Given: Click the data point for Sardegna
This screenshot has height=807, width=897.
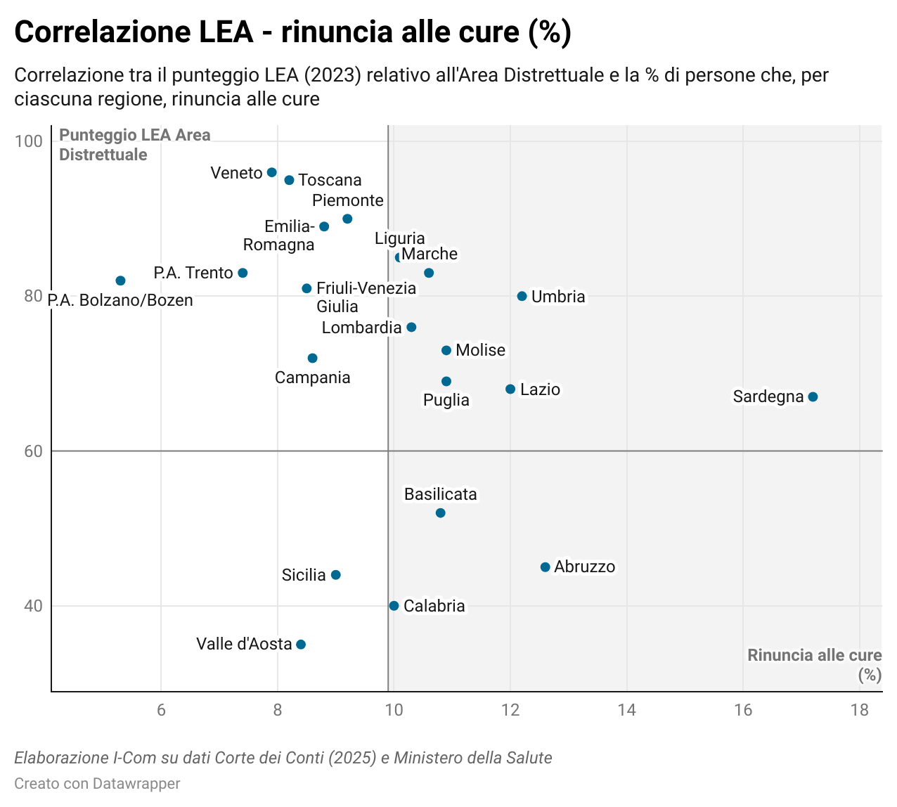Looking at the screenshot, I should [x=813, y=397].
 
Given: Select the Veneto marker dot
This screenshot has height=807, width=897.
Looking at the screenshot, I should [x=272, y=173].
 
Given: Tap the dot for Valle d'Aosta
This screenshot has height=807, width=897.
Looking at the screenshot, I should [x=301, y=645].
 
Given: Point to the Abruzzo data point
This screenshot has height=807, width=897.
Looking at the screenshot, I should [x=545, y=567].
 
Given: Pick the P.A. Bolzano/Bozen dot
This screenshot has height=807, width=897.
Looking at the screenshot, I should [x=120, y=281].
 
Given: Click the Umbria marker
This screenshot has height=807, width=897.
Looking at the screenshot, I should [x=522, y=297].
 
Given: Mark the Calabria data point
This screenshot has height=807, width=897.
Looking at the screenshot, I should [x=394, y=606].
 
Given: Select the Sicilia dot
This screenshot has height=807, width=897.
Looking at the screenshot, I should [x=335, y=575].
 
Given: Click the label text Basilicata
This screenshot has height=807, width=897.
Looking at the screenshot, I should [x=440, y=495].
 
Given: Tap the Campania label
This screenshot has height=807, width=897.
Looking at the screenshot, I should [x=312, y=378].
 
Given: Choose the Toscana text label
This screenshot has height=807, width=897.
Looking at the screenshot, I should [x=330, y=181].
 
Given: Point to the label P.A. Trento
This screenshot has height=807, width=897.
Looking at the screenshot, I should [x=193, y=273].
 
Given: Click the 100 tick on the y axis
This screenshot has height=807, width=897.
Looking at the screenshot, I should [x=29, y=141].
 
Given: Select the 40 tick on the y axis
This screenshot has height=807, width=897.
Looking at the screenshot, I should [x=33, y=606].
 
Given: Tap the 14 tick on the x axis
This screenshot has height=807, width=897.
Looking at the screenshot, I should [x=626, y=710].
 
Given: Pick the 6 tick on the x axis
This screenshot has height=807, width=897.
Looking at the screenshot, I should [x=161, y=710].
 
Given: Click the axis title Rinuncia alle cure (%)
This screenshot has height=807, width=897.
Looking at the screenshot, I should [x=814, y=664].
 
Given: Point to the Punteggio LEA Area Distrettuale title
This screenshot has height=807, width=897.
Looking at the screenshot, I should [x=134, y=145].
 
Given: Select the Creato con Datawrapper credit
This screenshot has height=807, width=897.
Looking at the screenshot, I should [x=97, y=784].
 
